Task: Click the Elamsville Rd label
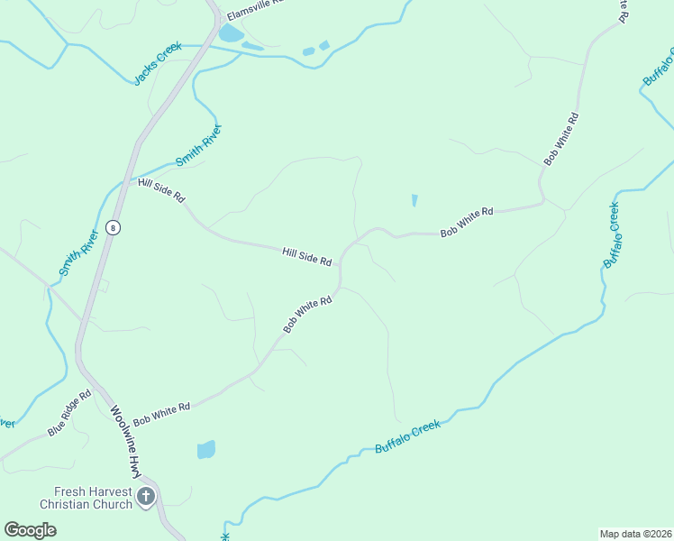(x=254, y=10)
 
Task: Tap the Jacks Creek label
(x=158, y=64)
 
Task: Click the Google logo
(x=30, y=529)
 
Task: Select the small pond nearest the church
(x=206, y=449)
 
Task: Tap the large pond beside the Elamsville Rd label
(x=230, y=34)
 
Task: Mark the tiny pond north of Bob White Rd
(x=414, y=200)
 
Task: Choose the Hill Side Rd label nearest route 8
(x=161, y=189)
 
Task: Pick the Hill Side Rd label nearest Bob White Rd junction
(x=306, y=256)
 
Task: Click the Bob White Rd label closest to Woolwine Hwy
(x=161, y=415)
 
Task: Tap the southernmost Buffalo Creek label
(x=407, y=436)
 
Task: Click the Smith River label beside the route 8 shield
(x=79, y=253)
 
